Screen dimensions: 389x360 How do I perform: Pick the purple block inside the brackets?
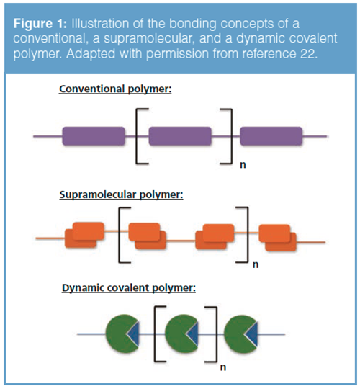pyautogui.click(x=180, y=135)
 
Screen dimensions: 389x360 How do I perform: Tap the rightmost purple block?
pyautogui.click(x=270, y=135)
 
